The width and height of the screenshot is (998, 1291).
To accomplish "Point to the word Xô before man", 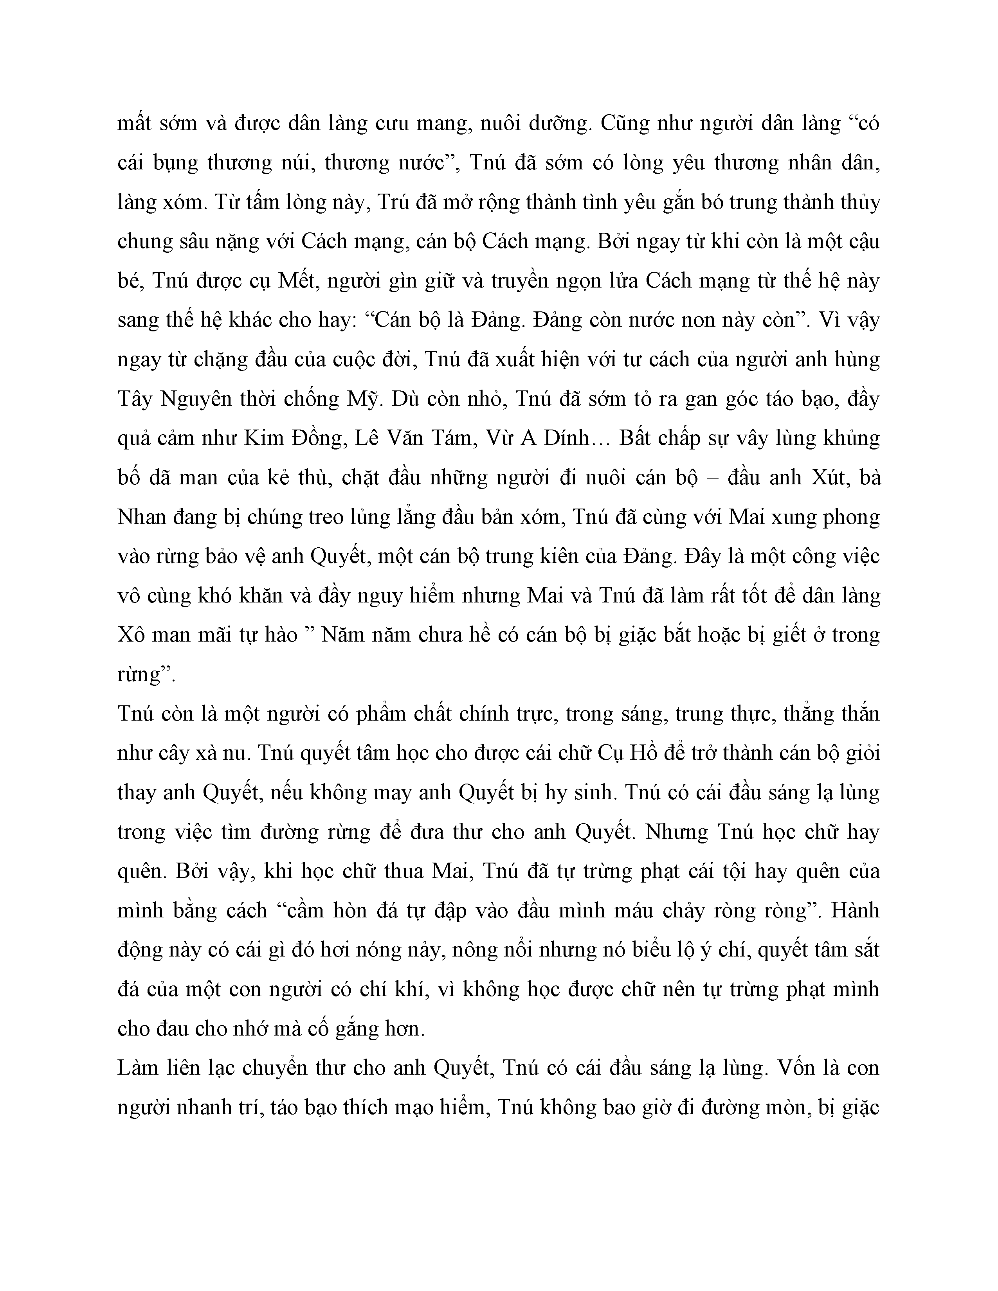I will point(131,635).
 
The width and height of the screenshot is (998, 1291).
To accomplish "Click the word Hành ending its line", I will point(856,911).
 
